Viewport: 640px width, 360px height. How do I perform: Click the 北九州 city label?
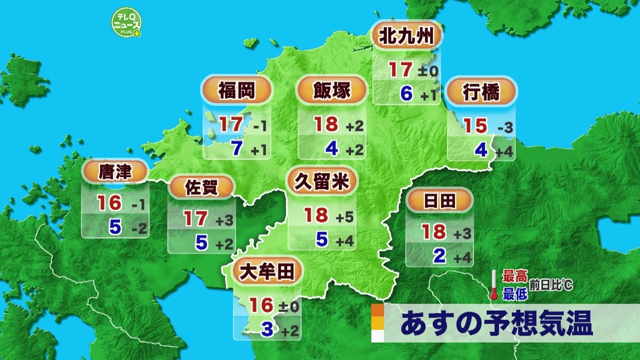(406, 36)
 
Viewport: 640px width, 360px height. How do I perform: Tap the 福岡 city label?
(236, 91)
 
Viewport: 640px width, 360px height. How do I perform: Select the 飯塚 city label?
(331, 91)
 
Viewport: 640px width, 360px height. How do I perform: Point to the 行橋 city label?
(481, 92)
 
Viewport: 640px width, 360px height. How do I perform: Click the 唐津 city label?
(115, 172)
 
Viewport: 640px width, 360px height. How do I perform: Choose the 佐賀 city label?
(201, 187)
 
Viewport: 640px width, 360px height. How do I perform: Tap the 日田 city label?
(439, 201)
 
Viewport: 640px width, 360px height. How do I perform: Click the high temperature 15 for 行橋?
(475, 126)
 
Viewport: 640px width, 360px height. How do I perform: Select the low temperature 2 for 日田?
(439, 256)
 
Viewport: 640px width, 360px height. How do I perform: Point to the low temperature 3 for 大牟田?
(267, 329)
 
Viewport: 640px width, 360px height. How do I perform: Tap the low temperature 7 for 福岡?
(237, 148)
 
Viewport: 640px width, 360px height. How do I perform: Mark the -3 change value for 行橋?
(505, 128)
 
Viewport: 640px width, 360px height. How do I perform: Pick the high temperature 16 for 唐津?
(109, 203)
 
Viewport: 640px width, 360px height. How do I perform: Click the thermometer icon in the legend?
(494, 285)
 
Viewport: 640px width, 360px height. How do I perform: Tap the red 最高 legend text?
(515, 276)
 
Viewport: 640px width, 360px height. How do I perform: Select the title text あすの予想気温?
(496, 323)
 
